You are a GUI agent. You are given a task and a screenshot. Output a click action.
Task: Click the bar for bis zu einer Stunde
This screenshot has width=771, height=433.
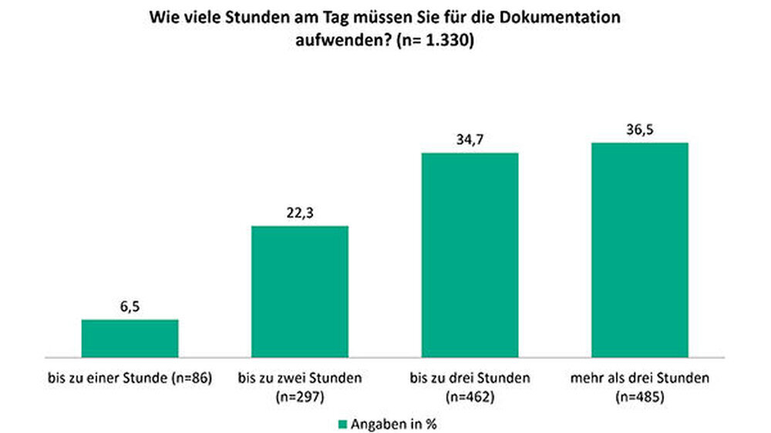[x=130, y=338]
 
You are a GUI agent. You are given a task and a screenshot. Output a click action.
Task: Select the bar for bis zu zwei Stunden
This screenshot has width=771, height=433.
[x=300, y=291]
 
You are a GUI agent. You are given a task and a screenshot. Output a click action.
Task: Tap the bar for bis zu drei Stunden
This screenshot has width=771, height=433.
[x=470, y=255]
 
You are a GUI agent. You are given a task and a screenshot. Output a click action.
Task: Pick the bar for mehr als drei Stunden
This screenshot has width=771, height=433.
[x=639, y=250]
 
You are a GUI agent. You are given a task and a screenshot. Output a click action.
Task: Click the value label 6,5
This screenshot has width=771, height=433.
[x=130, y=307]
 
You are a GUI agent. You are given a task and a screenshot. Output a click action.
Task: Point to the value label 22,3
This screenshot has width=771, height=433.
[x=300, y=213]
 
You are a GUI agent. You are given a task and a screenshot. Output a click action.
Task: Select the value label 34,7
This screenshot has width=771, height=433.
[x=470, y=140]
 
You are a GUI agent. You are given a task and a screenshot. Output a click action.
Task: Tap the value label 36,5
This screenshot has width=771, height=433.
[x=639, y=129]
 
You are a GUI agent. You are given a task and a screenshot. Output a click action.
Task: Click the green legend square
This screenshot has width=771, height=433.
[x=343, y=423]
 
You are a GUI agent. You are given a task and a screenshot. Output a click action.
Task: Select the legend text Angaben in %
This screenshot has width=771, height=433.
[x=395, y=423]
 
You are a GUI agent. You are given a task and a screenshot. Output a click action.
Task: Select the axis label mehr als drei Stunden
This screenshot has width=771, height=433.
[x=639, y=378]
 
